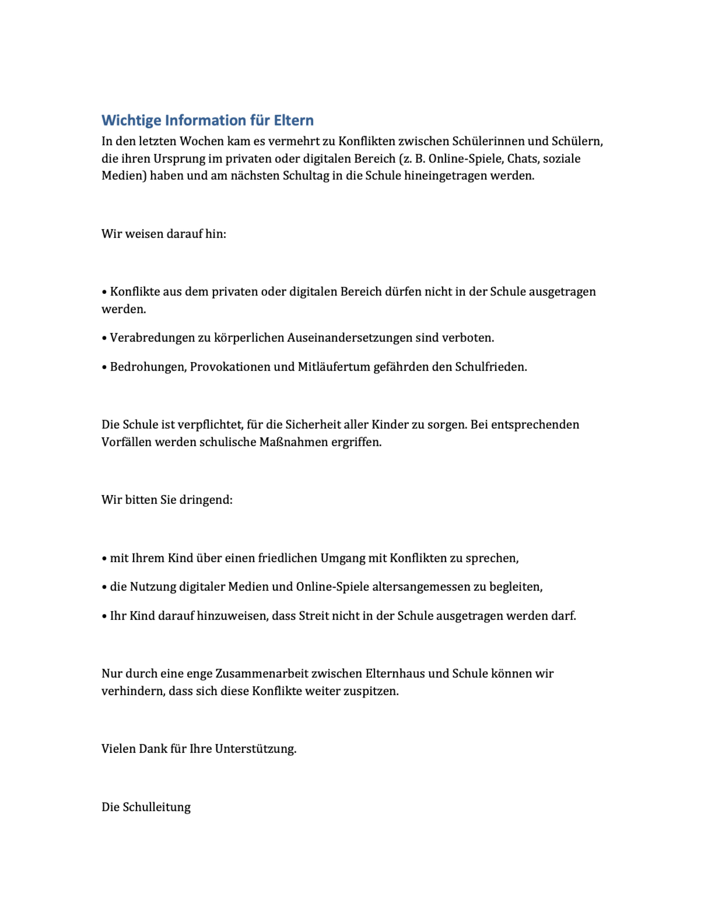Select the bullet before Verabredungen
pos(104,338)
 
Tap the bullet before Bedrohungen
pos(104,367)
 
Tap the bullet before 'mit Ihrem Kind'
pos(104,558)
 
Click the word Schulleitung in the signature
pos(157,807)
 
